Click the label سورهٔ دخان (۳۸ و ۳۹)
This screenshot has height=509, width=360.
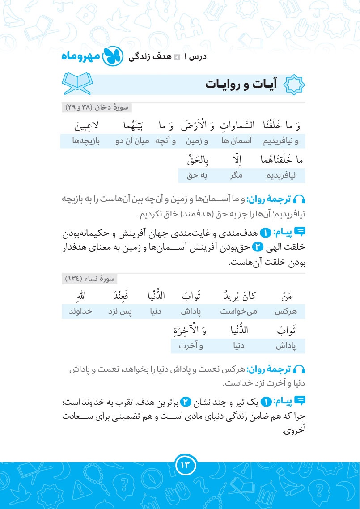97,108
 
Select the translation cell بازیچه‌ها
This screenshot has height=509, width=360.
86,142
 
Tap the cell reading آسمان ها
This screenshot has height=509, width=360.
237,142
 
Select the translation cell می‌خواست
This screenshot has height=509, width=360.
239,311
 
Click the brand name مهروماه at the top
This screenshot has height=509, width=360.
80,57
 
